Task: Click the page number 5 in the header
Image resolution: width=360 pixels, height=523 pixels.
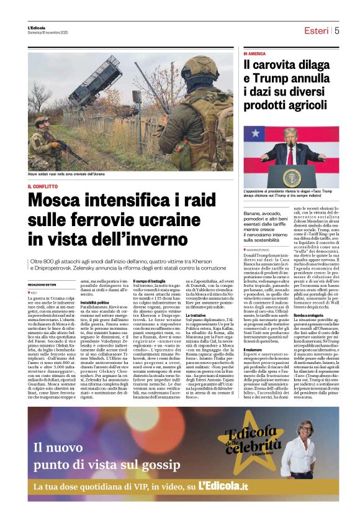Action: pos(337,30)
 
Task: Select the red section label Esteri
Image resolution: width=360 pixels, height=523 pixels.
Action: pos(316,30)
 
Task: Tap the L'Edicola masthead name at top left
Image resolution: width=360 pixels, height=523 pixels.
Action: pos(37,27)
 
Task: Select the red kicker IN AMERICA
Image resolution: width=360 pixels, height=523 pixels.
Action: pos(254,54)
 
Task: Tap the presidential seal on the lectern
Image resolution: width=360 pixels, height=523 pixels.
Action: pos(292,176)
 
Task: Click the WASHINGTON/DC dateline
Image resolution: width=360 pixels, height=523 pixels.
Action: pos(261,249)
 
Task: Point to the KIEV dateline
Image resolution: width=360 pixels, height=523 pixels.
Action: pos(34,291)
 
